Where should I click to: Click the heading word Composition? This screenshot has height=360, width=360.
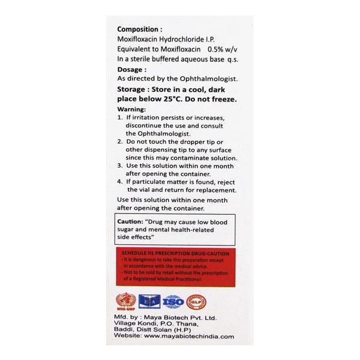coord(138,28)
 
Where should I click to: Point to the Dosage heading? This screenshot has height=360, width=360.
coord(130,69)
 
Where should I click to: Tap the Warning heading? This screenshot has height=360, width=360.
coord(131,110)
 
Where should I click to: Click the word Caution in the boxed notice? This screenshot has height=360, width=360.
coord(130,221)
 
